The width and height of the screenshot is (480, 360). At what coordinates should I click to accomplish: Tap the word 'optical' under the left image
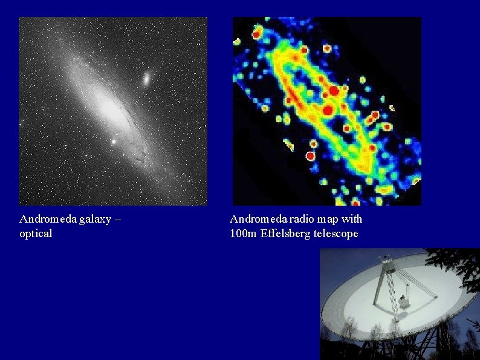[x=36, y=234]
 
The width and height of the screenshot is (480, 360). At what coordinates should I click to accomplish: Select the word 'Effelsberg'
[x=285, y=234]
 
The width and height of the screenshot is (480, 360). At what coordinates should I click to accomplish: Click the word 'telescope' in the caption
[x=336, y=234]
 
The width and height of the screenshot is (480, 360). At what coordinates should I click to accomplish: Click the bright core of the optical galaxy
[x=111, y=109]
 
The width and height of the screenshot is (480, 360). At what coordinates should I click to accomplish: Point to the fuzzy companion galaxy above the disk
[x=147, y=78]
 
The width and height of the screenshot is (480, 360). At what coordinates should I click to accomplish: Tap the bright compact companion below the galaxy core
[x=113, y=142]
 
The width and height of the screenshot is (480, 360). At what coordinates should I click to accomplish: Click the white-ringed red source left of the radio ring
[x=310, y=156]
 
